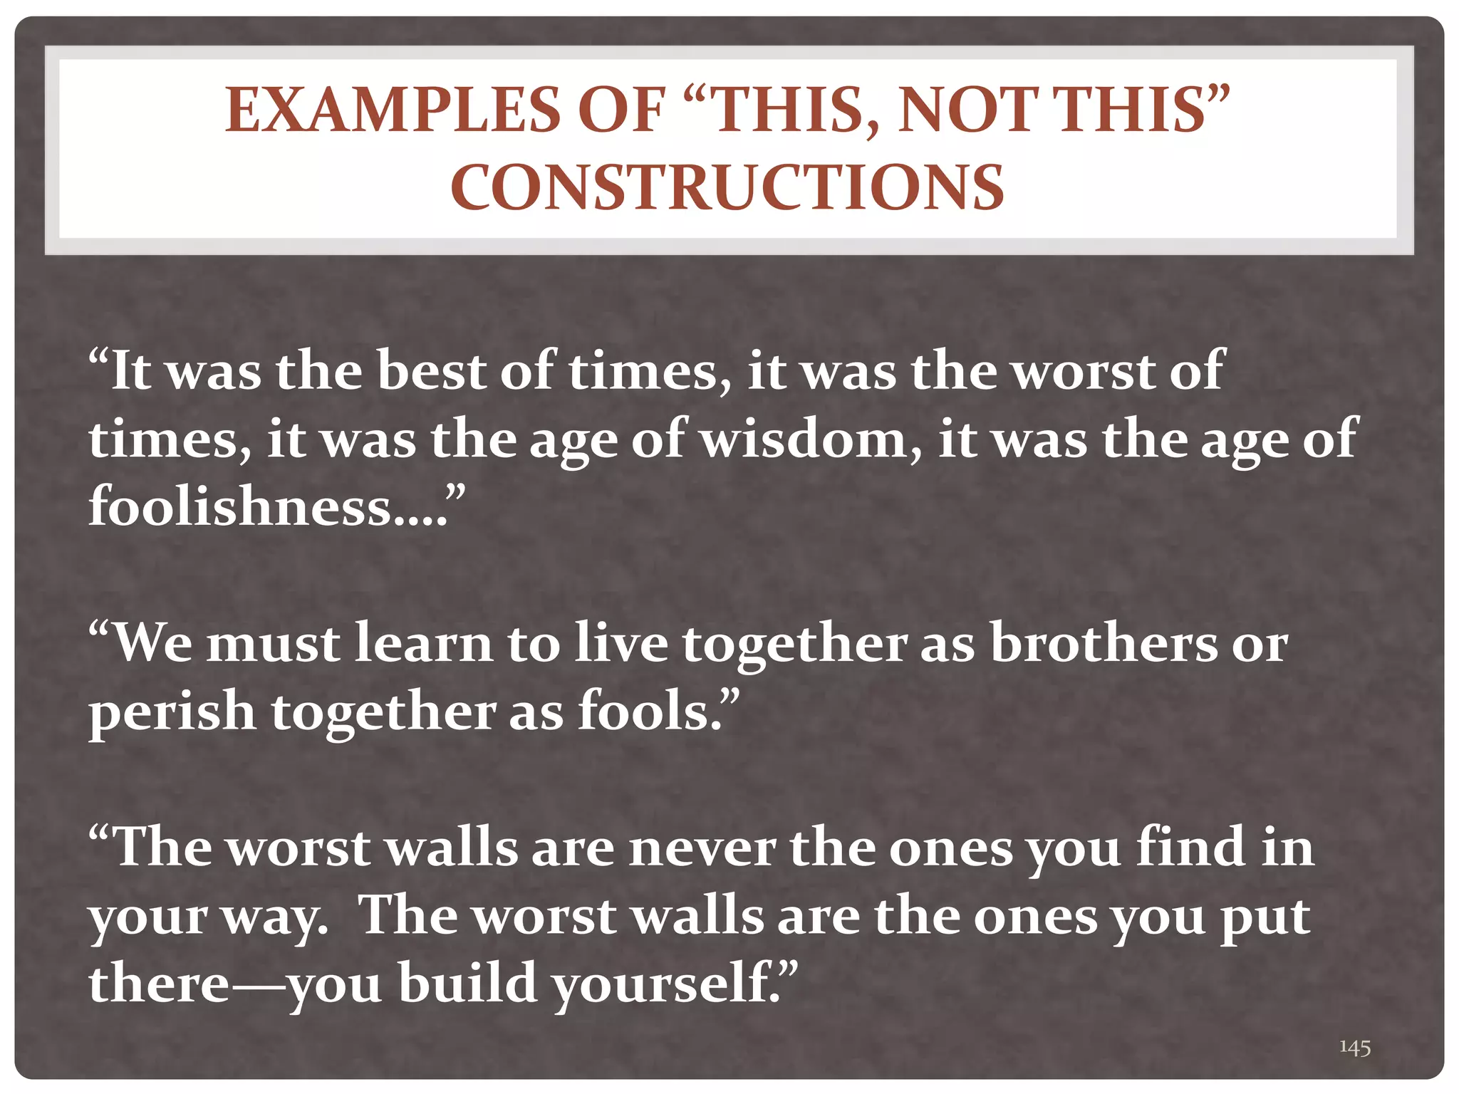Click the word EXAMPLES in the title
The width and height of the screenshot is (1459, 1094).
(393, 110)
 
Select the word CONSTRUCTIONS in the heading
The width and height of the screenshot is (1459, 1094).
(727, 187)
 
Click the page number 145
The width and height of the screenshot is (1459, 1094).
(1354, 1047)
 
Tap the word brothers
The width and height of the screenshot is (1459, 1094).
(1105, 643)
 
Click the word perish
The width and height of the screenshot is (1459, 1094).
(172, 712)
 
